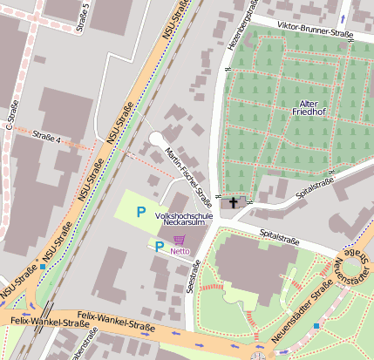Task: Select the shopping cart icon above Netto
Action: click(x=180, y=240)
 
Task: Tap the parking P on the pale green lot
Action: click(x=139, y=212)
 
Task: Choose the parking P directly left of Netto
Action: click(x=159, y=247)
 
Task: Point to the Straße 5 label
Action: click(x=85, y=15)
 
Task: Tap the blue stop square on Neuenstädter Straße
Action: click(x=316, y=325)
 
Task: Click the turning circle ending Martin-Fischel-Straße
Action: click(x=156, y=139)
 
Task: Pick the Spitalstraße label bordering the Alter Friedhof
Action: click(x=316, y=185)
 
